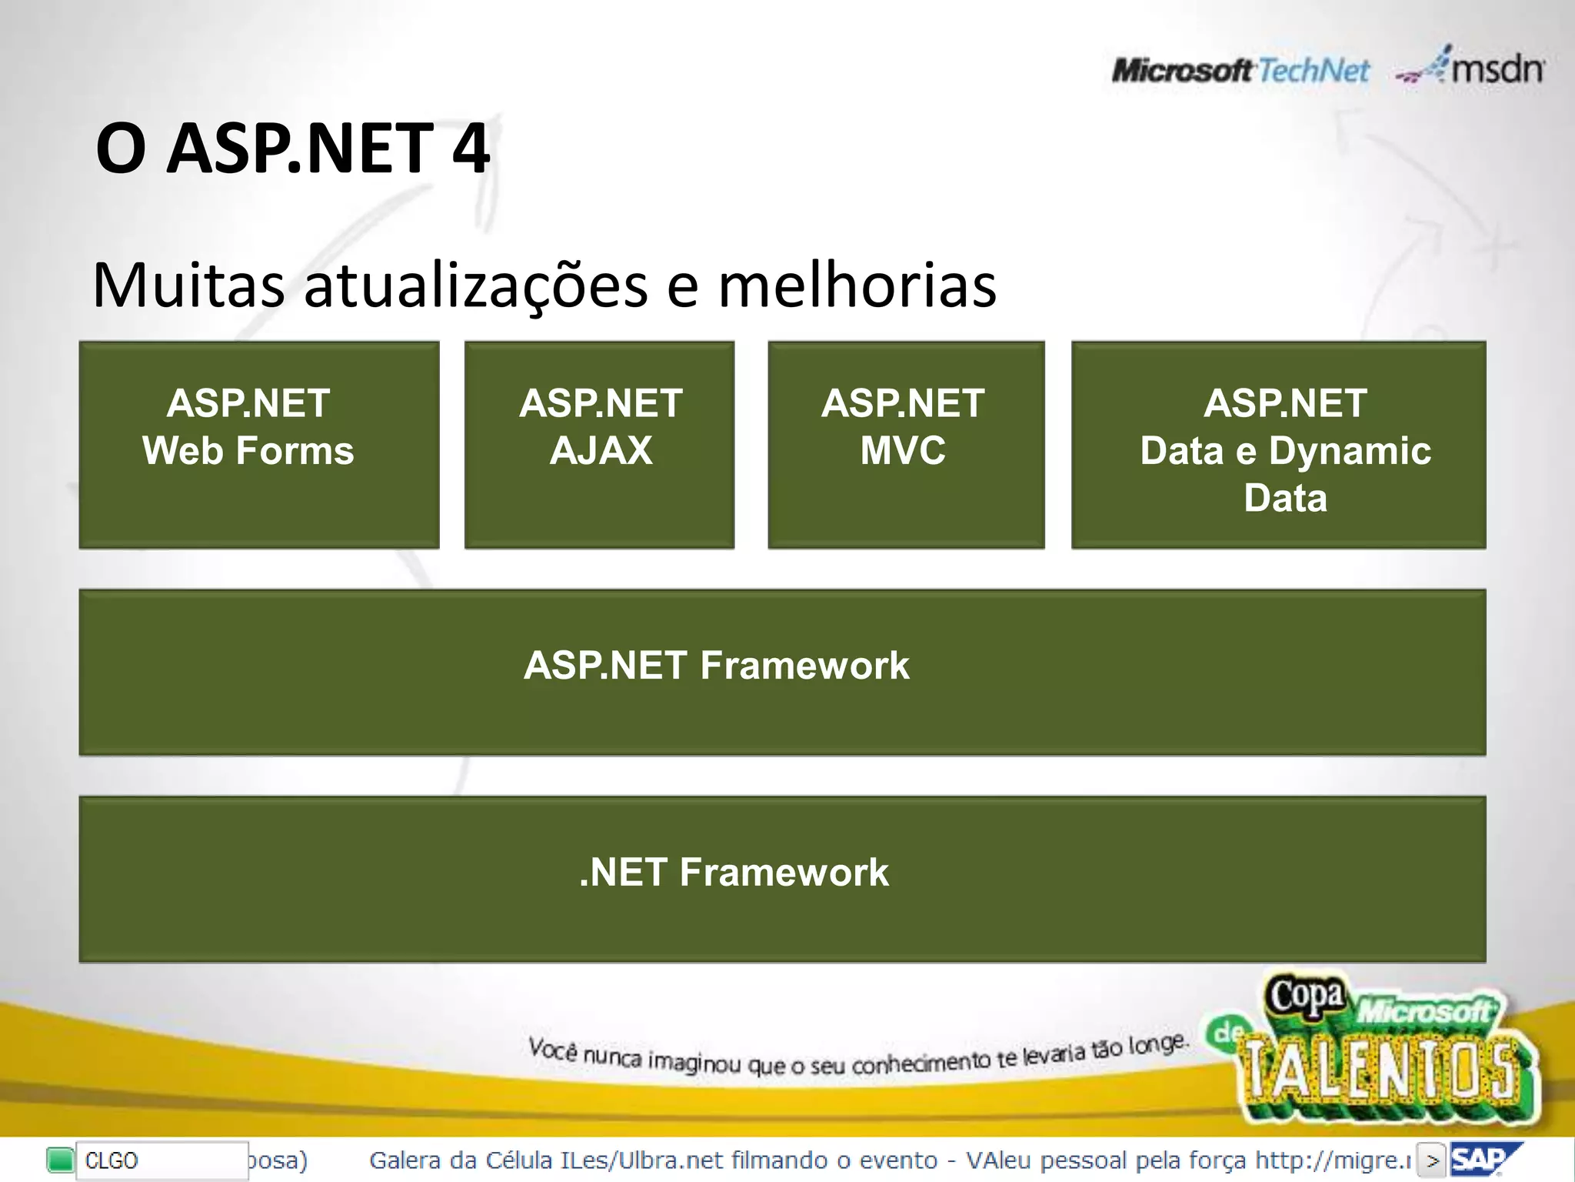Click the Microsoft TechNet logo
(1240, 71)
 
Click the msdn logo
(1470, 68)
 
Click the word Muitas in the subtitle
(188, 285)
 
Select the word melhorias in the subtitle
(857, 285)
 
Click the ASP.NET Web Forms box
(259, 445)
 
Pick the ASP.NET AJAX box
(599, 445)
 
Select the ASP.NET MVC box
(906, 445)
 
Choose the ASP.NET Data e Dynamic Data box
(1278, 445)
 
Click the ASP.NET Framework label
(716, 666)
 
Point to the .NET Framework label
(734, 873)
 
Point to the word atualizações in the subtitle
(476, 285)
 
